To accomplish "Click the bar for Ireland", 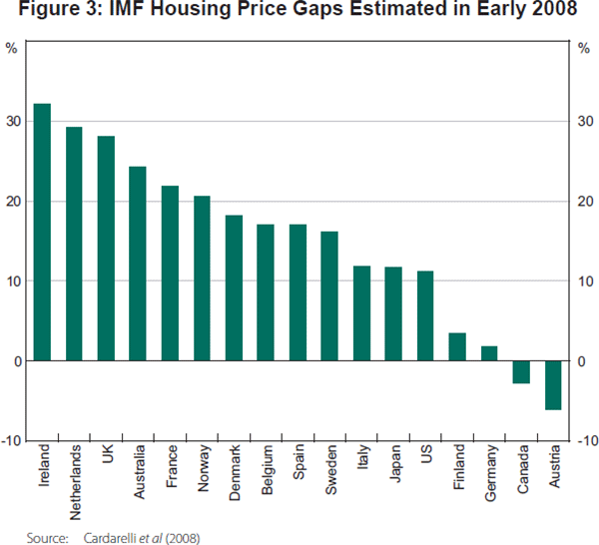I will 42,232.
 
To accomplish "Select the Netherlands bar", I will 74,244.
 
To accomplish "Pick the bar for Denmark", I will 234,287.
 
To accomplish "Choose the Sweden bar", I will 329,295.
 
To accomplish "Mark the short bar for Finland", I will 457,346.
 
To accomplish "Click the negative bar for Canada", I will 521,372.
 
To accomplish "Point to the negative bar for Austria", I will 553,385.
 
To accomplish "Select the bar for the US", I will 425,315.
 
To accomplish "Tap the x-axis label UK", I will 106,458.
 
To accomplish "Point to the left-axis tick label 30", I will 14,122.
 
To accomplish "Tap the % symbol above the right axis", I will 584,47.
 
